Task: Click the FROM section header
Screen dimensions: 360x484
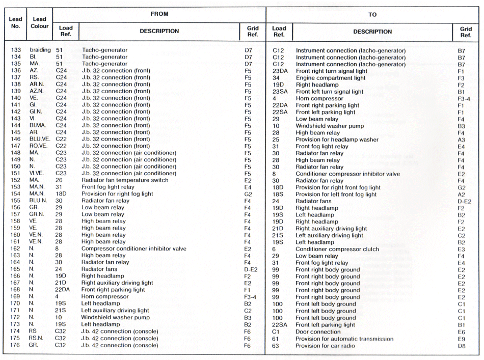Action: pos(159,14)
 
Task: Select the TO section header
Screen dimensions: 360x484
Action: pos(372,15)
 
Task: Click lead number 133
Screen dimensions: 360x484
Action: pos(16,50)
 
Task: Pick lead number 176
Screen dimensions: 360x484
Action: pos(16,346)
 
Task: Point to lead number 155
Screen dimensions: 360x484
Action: pos(16,201)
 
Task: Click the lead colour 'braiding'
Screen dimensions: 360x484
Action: pos(39,50)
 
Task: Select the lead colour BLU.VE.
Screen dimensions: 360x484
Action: pos(40,139)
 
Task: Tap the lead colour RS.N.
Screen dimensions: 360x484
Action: pos(37,339)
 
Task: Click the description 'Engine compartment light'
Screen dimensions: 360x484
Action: pos(330,78)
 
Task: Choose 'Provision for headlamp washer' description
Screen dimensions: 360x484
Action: pos(337,139)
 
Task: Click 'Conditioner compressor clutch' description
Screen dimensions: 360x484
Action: pos(337,249)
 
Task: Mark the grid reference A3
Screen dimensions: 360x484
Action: pos(461,139)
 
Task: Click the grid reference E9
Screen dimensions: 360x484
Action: pos(461,339)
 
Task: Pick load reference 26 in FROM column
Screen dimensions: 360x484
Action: pos(59,180)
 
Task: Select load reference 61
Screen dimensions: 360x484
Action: pos(276,339)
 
